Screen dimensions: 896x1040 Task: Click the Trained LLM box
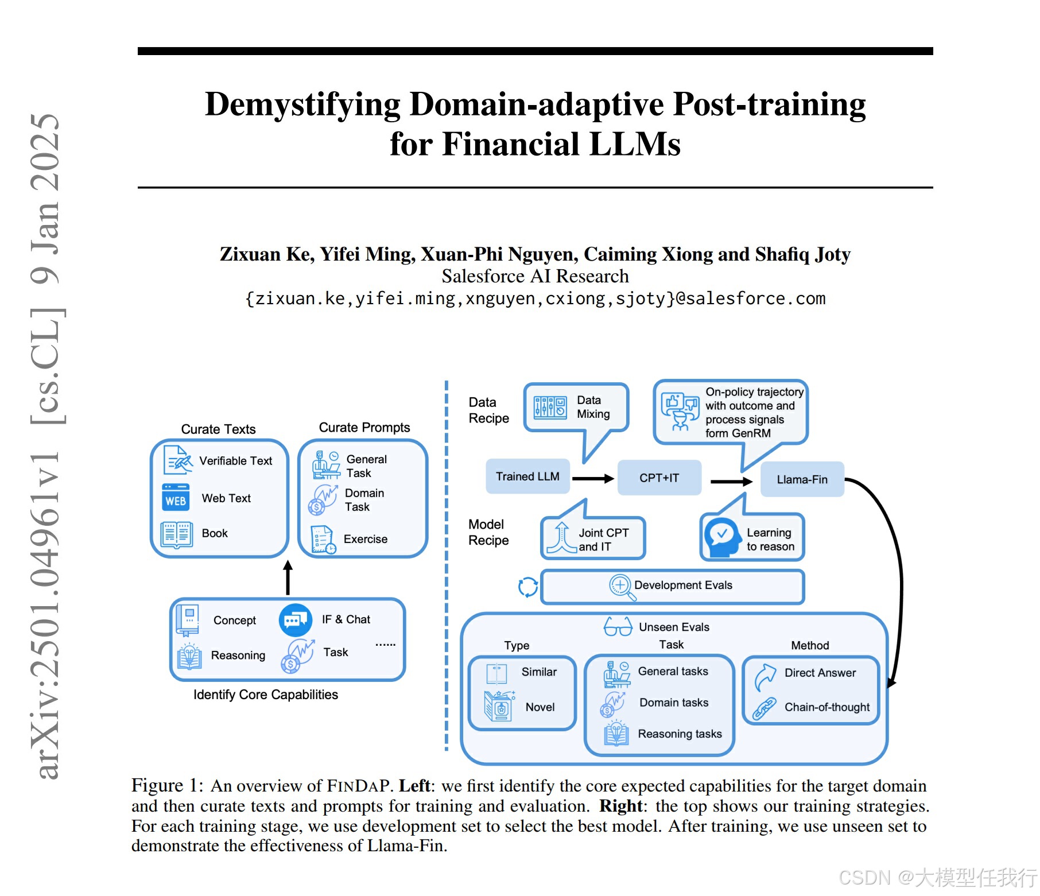pos(527,476)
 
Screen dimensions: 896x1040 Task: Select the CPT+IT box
pos(659,478)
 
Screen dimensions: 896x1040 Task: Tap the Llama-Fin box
pos(802,479)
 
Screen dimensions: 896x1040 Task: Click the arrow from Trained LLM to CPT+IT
pos(593,478)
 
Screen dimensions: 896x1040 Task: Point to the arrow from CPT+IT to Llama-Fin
pos(731,481)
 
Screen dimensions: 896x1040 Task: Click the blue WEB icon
pos(175,498)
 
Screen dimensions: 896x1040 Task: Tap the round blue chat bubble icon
pos(296,620)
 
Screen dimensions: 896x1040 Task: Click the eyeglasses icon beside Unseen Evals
pos(618,627)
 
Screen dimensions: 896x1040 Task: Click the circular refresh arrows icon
pos(527,587)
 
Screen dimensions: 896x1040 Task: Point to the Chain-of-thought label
pos(826,707)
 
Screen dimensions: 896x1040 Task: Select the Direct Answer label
pos(820,673)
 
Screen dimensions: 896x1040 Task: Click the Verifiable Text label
pos(235,461)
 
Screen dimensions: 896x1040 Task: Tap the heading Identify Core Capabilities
pos(265,695)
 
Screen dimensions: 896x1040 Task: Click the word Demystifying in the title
pos(302,105)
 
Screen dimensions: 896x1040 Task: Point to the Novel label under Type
pos(540,707)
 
